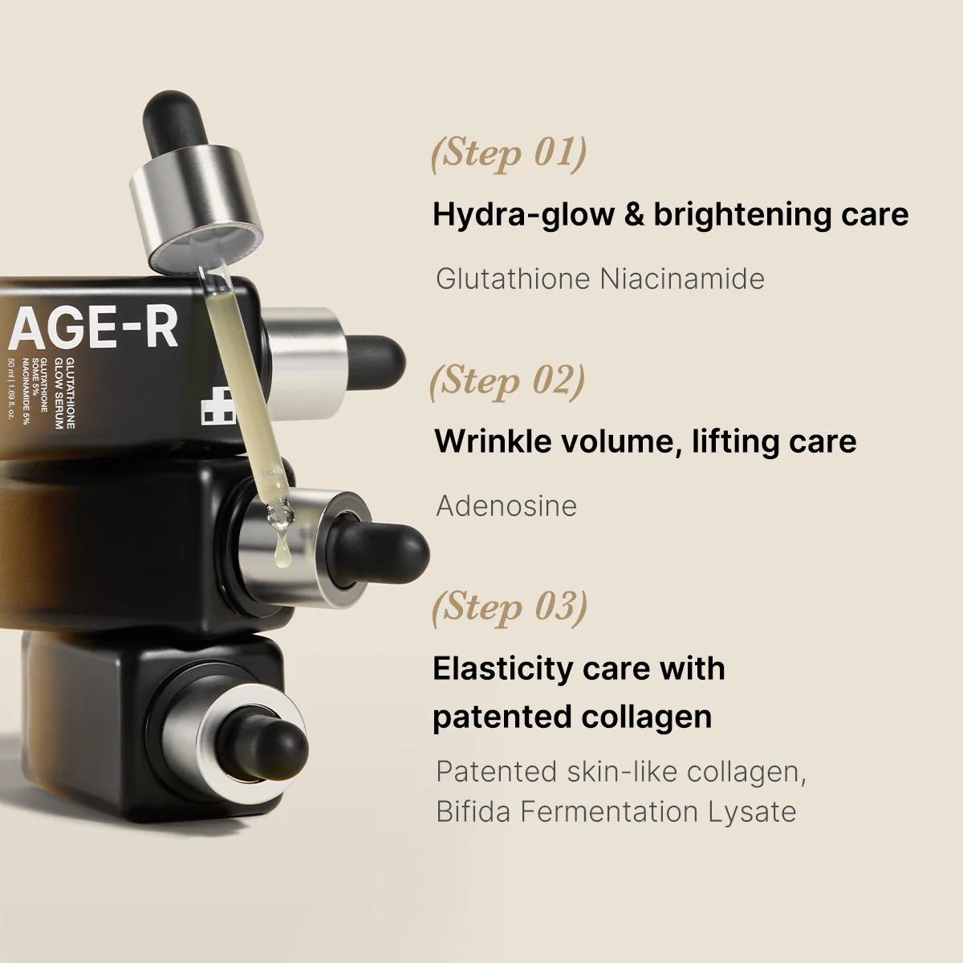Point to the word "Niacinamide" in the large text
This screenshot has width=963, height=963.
click(682, 279)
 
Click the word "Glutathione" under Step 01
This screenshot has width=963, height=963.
click(514, 279)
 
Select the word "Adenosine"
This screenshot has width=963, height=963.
click(506, 506)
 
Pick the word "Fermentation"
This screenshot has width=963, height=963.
click(610, 811)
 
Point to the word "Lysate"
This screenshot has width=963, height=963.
click(752, 811)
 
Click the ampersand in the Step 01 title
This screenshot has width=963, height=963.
click(634, 214)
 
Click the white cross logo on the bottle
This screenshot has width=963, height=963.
click(217, 408)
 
